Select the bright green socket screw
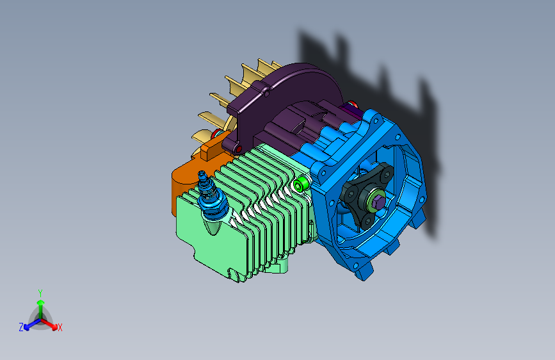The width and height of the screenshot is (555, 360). [x=300, y=184]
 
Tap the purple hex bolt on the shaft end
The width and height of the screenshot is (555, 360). [x=378, y=202]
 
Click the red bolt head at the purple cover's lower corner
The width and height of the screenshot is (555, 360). [x=239, y=149]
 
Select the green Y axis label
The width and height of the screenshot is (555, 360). [x=40, y=293]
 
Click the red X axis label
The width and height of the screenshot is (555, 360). [x=60, y=328]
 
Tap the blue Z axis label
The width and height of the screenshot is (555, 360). [x=21, y=327]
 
